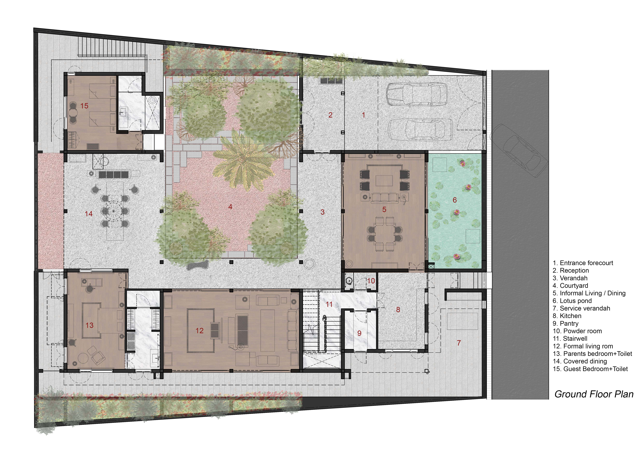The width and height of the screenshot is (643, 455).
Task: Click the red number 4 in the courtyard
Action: coord(230,207)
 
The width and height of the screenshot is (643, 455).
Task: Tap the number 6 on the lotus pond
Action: coord(455,200)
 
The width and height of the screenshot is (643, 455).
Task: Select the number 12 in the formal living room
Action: coord(199,331)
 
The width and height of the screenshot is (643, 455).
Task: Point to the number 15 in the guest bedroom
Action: coord(84,106)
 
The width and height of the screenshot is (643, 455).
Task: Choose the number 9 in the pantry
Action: coord(359,333)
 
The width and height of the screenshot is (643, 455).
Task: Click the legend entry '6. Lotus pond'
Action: coord(572,301)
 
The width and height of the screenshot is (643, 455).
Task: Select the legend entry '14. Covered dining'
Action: coord(580,361)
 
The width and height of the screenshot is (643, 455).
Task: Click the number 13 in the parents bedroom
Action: coord(89,325)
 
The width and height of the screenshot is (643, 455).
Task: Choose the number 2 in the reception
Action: coord(331,115)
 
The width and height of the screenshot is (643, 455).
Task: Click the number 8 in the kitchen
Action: coord(398,310)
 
